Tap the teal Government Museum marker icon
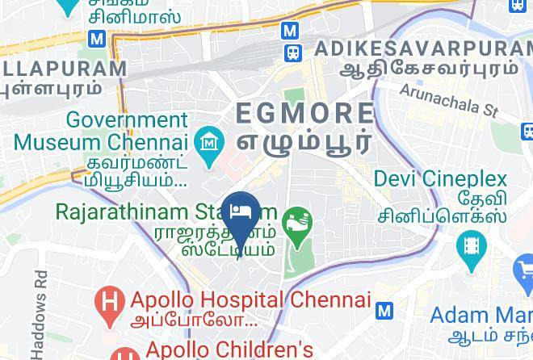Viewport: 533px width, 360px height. pos(210,144)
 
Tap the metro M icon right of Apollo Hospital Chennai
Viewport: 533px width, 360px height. pos(385,310)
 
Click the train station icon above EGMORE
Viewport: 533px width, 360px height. pos(292,52)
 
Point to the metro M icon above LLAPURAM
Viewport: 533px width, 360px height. pos(98,38)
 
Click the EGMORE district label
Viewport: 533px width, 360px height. pos(304,112)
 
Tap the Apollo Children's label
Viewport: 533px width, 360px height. pos(229,350)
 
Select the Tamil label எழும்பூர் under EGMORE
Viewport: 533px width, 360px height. pos(304,140)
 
